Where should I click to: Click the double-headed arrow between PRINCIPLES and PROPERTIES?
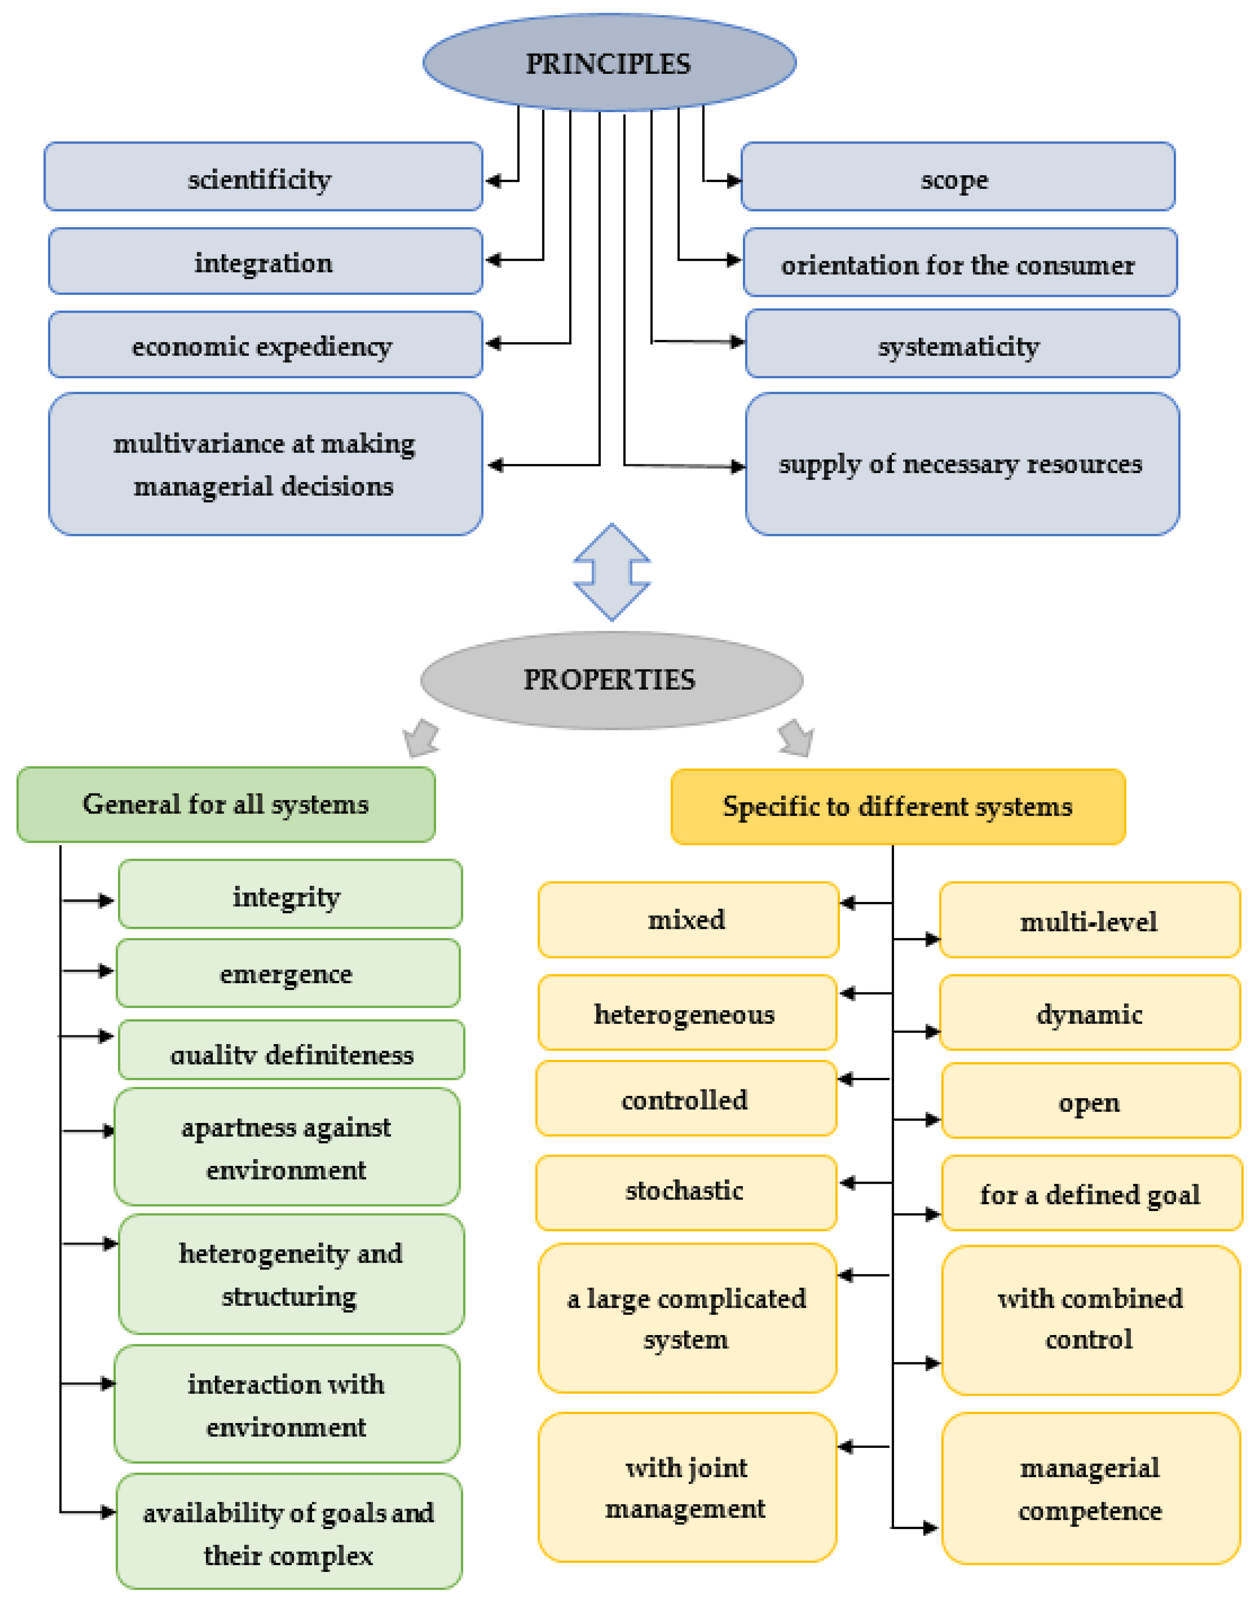tap(611, 572)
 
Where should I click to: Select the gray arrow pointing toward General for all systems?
tap(422, 739)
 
